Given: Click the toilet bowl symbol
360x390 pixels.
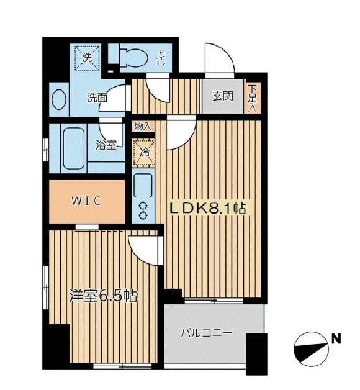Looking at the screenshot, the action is (x=133, y=58).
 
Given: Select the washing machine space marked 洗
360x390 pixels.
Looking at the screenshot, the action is (x=88, y=58).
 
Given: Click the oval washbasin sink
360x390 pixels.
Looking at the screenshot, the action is (x=59, y=99).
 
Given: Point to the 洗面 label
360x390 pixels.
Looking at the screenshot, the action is (x=97, y=98).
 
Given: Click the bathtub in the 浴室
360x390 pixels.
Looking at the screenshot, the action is (x=73, y=148).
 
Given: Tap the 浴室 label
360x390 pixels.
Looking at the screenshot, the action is (x=106, y=145).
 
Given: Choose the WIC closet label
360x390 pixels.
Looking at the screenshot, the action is (x=86, y=201).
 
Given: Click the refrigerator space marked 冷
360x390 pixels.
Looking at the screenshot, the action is (x=144, y=153).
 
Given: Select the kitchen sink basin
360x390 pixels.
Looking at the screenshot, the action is (x=143, y=186).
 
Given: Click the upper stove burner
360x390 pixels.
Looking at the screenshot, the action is (x=143, y=206).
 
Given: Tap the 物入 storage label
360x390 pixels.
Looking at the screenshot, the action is (x=143, y=126).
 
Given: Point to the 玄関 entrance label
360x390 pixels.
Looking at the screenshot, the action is (x=222, y=96).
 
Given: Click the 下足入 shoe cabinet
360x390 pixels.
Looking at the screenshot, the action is (x=253, y=98).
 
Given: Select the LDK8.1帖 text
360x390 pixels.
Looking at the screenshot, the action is (x=207, y=209).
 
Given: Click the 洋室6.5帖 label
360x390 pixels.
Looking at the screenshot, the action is (x=103, y=296).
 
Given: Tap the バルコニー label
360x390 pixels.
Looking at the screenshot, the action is (x=206, y=333).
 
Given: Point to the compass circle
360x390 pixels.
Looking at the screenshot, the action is (x=311, y=350).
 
